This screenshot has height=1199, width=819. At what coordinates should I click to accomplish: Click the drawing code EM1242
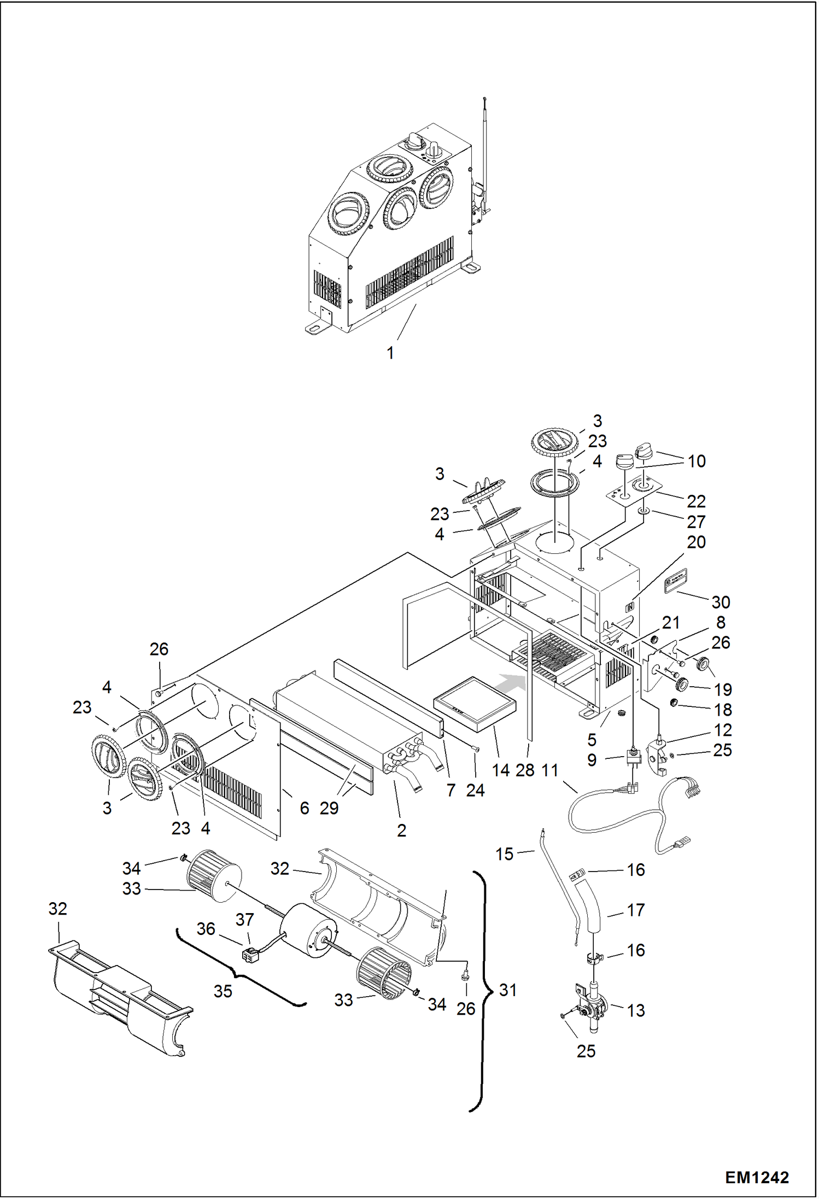point(757,1177)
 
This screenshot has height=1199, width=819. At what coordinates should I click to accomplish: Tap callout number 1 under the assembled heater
point(390,353)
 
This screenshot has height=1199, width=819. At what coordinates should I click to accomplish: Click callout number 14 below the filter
point(500,770)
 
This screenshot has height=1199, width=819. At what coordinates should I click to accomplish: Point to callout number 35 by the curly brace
point(223,991)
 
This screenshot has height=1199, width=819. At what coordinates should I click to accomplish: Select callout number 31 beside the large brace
point(508,990)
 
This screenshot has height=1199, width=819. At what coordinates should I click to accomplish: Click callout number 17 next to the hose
point(635,910)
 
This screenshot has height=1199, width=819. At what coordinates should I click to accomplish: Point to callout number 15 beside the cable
point(504,854)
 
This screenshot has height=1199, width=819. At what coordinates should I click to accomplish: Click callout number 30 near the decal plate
point(721,602)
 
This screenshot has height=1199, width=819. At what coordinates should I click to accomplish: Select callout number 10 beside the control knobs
point(697,461)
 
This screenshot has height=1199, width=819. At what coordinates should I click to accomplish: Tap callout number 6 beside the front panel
point(305,808)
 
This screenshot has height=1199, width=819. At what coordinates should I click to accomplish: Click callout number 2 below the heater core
point(401,830)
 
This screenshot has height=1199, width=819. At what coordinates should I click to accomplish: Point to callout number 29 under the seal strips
point(329,808)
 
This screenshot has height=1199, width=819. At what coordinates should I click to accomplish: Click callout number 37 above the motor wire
point(244,920)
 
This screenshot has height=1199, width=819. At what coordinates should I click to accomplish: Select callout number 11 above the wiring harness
point(549,770)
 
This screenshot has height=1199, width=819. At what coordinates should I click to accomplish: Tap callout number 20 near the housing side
point(696,542)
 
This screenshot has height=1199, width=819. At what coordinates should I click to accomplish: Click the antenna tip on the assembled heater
point(485,99)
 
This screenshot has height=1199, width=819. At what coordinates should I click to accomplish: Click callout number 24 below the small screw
point(475,790)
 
